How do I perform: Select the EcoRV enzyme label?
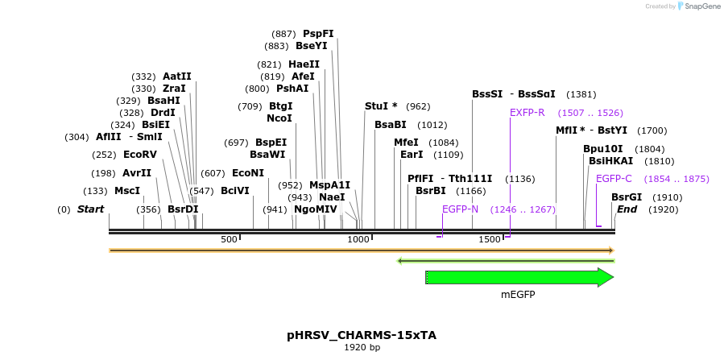coord(139,155)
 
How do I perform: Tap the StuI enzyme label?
coord(381,106)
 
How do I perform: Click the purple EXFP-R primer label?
coord(527,113)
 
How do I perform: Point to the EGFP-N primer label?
coord(460,209)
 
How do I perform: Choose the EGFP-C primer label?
coord(614,179)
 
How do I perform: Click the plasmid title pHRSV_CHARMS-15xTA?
coord(362,334)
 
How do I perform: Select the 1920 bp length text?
coord(362,348)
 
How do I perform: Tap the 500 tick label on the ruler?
coord(229,239)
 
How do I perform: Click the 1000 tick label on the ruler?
coord(358,239)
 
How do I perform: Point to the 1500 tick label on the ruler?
coord(490,239)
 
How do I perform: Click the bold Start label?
coord(90,209)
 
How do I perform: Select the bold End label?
coord(627,209)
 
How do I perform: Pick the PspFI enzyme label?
coord(318,34)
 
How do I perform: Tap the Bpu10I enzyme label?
coord(603,149)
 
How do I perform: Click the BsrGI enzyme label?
coord(627,197)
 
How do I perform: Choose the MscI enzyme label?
coord(127,191)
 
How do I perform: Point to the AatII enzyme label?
coord(177,77)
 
